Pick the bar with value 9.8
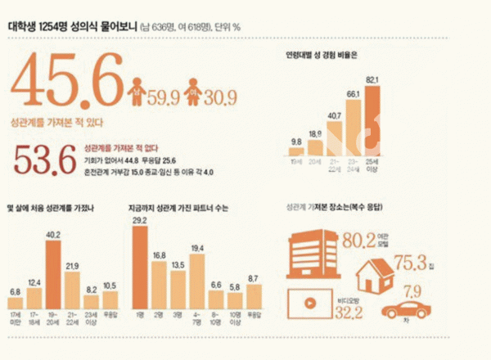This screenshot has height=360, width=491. click(296, 151)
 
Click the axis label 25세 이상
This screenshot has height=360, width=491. click(373, 165)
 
